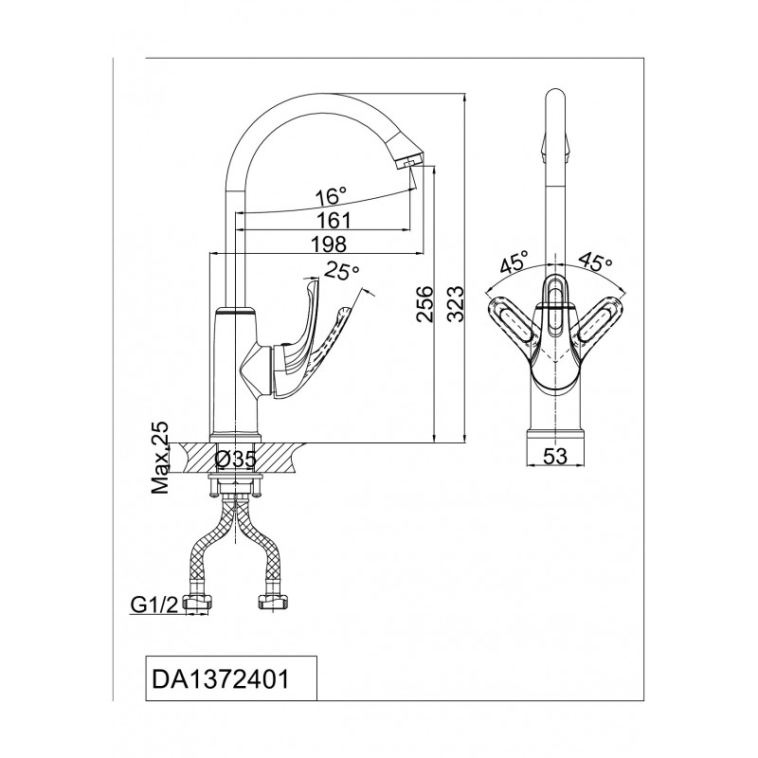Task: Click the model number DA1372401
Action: click(221, 678)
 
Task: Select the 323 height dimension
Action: click(455, 303)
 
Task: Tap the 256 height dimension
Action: click(424, 303)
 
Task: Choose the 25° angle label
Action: click(342, 271)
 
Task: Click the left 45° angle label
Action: click(514, 263)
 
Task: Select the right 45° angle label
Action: click(596, 262)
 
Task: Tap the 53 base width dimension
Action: click(555, 456)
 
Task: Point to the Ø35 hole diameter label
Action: click(235, 460)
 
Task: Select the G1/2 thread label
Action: click(154, 605)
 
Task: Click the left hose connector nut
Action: click(198, 603)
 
